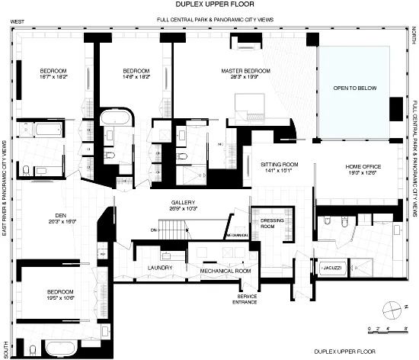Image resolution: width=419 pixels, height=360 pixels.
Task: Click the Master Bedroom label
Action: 246,70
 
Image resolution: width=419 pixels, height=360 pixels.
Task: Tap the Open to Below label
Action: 354,88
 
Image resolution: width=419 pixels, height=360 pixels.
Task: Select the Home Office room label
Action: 363,166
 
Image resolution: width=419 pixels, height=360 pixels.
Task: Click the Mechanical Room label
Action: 225,271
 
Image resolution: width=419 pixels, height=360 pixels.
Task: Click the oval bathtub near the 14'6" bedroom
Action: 117,119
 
